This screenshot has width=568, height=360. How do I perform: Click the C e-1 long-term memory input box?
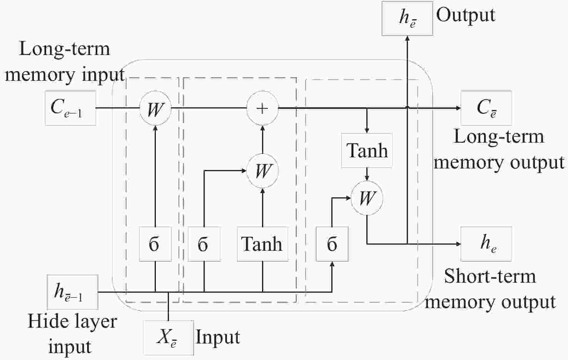tap(70, 108)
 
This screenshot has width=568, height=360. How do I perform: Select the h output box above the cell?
tap(407, 18)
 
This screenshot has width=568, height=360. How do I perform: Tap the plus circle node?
tap(262, 108)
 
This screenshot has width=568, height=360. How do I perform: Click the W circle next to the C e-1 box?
tap(155, 108)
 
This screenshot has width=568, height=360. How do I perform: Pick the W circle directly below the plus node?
tap(262, 171)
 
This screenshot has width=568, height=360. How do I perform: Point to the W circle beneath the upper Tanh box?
tap(367, 198)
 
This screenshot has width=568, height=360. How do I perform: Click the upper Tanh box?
tap(367, 151)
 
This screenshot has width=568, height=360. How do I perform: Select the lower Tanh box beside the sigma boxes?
tap(263, 244)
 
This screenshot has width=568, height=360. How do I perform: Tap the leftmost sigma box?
tap(155, 244)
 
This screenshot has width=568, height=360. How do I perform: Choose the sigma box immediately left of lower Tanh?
tap(204, 244)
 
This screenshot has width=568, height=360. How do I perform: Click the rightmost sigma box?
tap(332, 244)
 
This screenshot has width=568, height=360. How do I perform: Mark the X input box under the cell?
tap(169, 338)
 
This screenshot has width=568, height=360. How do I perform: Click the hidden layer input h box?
tap(72, 292)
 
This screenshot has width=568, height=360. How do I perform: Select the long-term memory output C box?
tap(486, 108)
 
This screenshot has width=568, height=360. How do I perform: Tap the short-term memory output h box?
tap(486, 244)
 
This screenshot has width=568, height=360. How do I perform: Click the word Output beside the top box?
tap(466, 16)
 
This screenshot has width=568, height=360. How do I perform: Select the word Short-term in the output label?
tap(490, 276)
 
